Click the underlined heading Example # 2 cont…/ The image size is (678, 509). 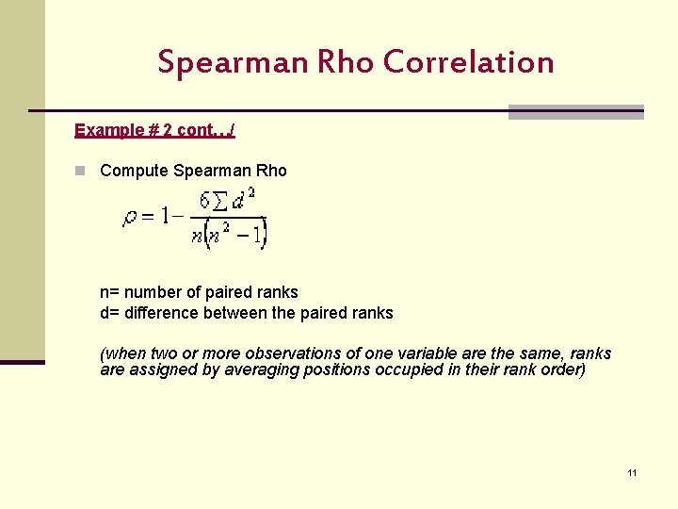[x=154, y=130]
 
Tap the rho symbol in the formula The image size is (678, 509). [x=131, y=218]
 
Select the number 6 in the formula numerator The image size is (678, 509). [x=204, y=200]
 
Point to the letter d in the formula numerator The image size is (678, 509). [x=239, y=201]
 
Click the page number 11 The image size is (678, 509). [x=632, y=472]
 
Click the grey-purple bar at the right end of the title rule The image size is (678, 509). [x=575, y=112]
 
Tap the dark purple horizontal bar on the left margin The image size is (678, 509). [x=23, y=361]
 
